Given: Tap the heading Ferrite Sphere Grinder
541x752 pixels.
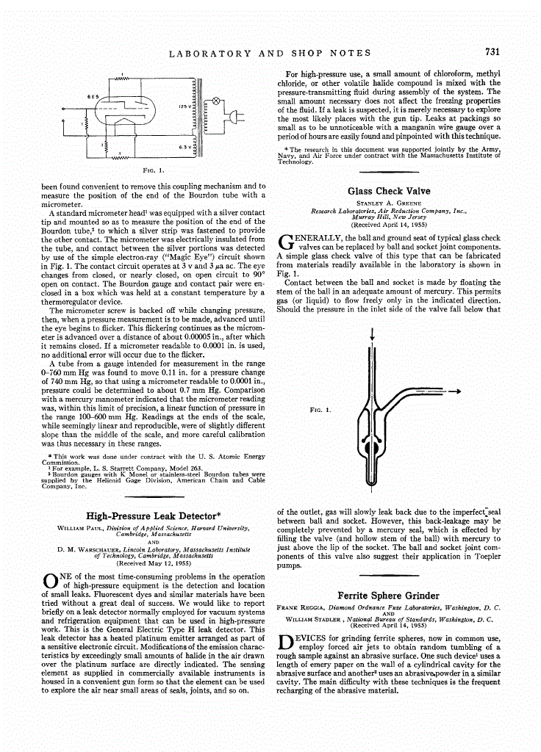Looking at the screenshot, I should [x=388, y=596].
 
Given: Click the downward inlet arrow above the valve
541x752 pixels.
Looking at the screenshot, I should [x=374, y=335].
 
